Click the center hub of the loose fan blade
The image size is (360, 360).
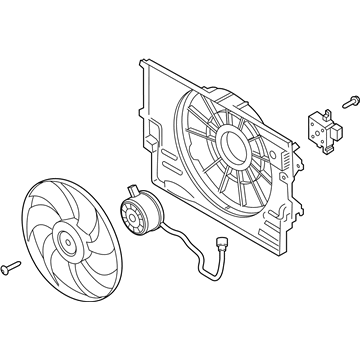coord(69,239)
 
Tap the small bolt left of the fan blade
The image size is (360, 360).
coord(13,267)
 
